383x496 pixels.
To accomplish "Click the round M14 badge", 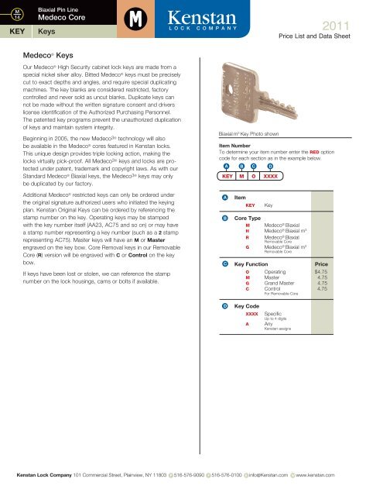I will point(15,15).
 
